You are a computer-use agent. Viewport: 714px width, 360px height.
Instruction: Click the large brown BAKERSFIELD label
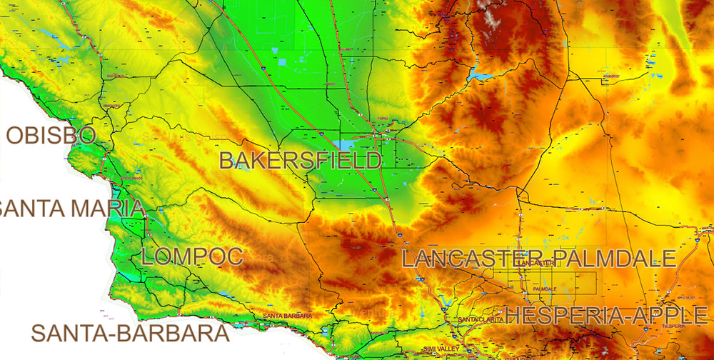tap(300, 160)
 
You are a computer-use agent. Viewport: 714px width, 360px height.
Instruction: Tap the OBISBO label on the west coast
tap(50, 135)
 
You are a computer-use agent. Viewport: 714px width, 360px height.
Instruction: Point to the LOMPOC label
tap(193, 257)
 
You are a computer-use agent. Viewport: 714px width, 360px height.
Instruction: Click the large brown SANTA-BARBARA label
tap(130, 334)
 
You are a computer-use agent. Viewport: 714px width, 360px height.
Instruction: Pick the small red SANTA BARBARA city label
tap(288, 315)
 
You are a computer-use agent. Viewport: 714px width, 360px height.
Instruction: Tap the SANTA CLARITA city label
tap(480, 319)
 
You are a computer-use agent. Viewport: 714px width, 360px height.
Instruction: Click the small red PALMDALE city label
tap(545, 289)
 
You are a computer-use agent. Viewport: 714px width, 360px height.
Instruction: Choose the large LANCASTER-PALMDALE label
tap(538, 258)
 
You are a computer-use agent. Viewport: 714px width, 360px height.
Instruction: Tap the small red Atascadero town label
tap(111, 105)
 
